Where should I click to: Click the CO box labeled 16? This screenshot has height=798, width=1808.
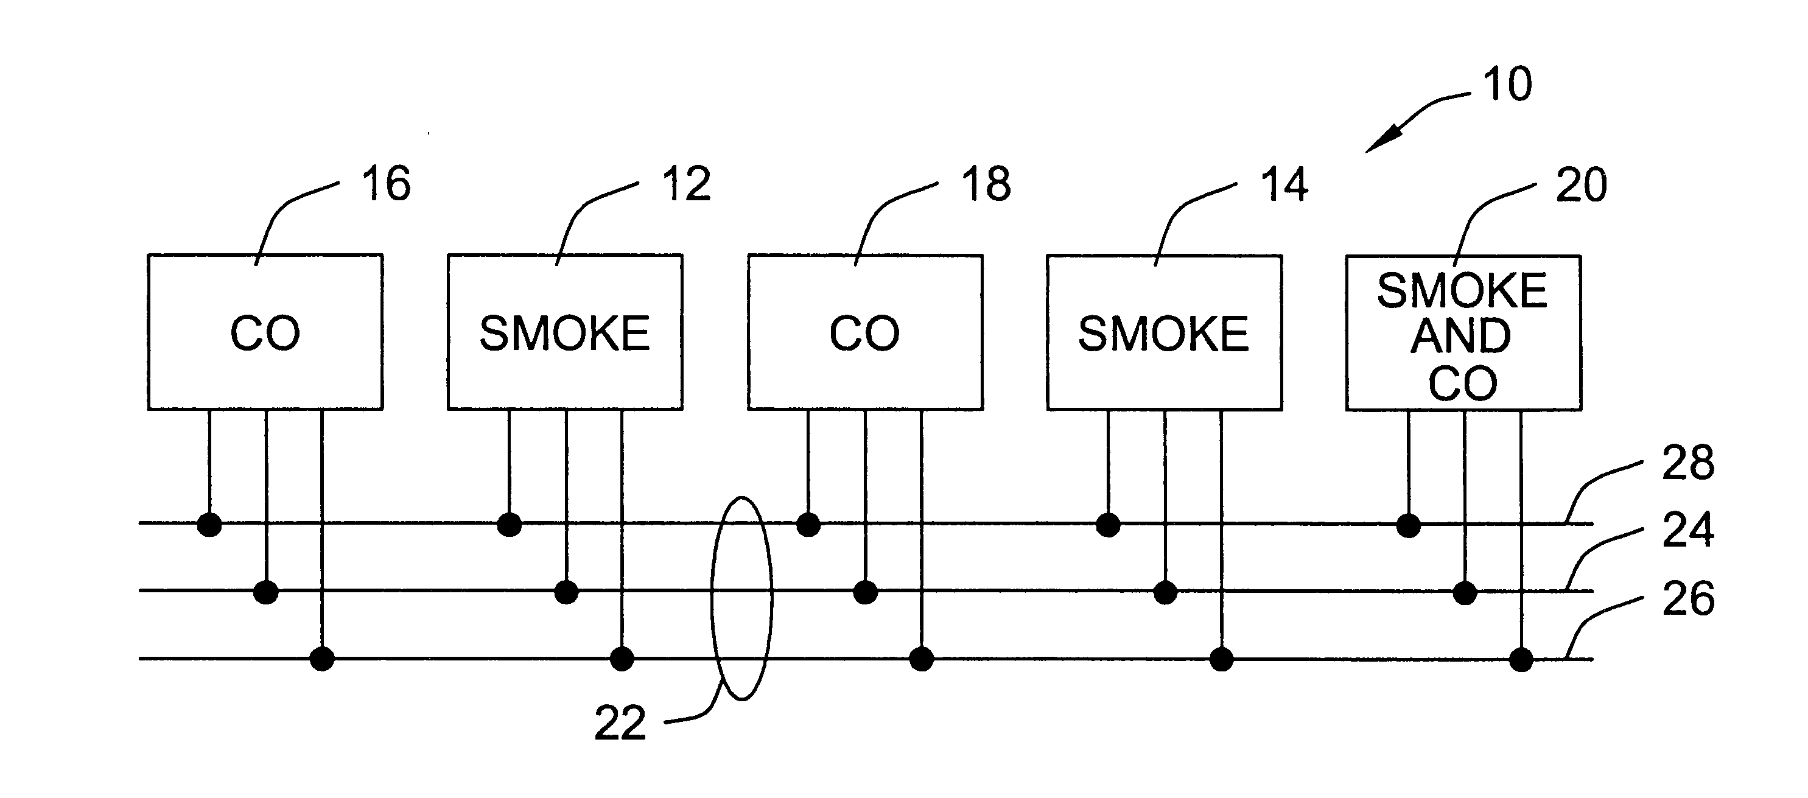tap(265, 332)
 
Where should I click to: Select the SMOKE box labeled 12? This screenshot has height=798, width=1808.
tap(565, 332)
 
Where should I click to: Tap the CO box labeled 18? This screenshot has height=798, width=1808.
tap(864, 332)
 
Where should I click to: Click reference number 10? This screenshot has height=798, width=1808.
tap(1507, 85)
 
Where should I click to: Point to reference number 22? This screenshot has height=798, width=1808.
tap(620, 723)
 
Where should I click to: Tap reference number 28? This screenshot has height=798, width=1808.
tap(1688, 463)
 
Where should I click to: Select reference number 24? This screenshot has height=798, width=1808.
tap(1688, 530)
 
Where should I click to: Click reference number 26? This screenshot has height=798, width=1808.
tap(1688, 599)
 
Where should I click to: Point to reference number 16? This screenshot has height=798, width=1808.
tap(386, 184)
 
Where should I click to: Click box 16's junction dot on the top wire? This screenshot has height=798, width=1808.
tap(209, 524)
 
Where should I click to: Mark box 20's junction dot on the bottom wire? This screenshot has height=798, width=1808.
tap(1521, 660)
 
